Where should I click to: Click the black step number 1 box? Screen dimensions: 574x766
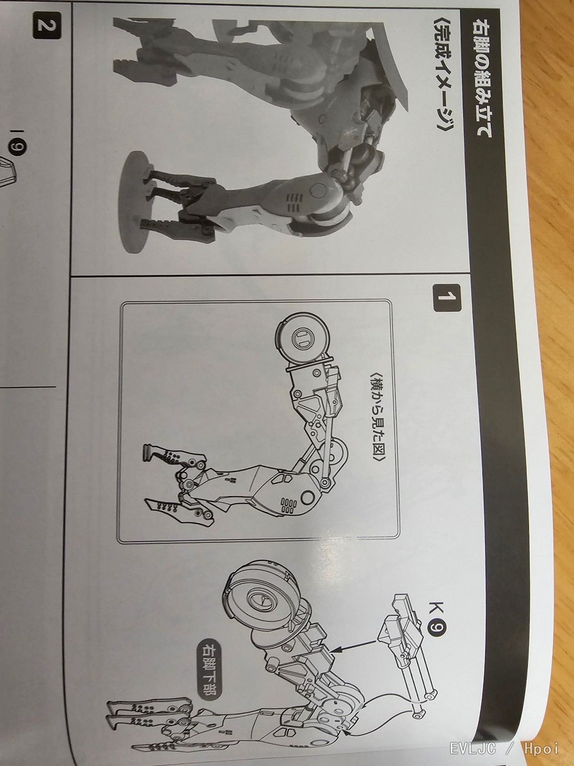[x=447, y=297]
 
